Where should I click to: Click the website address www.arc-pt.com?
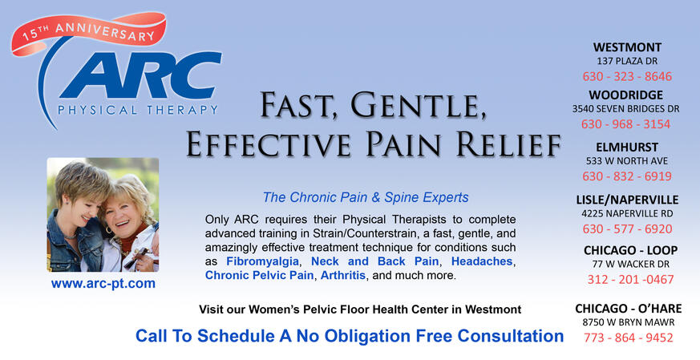103,284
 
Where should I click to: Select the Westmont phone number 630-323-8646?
626,77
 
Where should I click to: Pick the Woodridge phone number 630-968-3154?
625,124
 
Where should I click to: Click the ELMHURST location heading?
627,148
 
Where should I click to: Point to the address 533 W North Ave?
626,161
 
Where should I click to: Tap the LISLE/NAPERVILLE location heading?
627,200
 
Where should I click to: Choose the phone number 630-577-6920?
626,229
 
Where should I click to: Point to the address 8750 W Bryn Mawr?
628,322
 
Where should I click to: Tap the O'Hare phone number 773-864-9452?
627,338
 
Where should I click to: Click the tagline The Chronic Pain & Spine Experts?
365,197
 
